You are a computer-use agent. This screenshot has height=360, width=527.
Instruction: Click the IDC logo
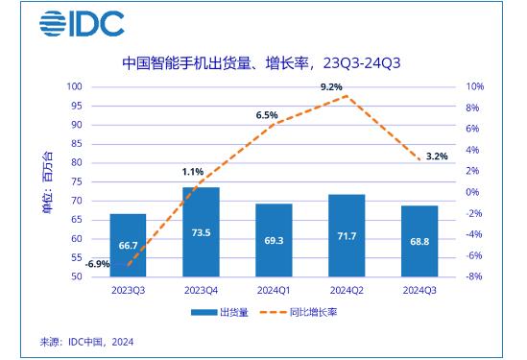pyautogui.click(x=82, y=24)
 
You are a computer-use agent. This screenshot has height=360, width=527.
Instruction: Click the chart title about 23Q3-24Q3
pyautogui.click(x=261, y=63)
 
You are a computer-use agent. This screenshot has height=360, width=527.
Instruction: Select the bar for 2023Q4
pyautogui.click(x=201, y=232)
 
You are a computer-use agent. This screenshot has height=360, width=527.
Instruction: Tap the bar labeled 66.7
pyautogui.click(x=128, y=245)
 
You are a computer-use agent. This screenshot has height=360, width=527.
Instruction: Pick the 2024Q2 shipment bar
pyautogui.click(x=347, y=235)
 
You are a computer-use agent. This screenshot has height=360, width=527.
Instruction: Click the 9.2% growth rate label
pyautogui.click(x=331, y=87)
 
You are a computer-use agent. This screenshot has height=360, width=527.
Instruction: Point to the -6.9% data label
pyautogui.click(x=98, y=264)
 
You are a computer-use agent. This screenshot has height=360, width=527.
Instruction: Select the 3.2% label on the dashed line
pyautogui.click(x=437, y=156)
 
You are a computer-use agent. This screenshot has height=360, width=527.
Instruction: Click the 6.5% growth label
pyautogui.click(x=267, y=115)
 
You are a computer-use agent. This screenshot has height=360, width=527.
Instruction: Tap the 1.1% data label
pyautogui.click(x=193, y=172)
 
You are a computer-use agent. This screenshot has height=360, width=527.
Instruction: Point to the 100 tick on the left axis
pyautogui.click(x=74, y=86)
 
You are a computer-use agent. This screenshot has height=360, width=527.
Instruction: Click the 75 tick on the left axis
pyautogui.click(x=77, y=181)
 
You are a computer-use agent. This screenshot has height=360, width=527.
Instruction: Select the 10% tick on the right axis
pyautogui.click(x=474, y=86)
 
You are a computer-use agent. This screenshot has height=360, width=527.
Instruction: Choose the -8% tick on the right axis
pyautogui.click(x=474, y=276)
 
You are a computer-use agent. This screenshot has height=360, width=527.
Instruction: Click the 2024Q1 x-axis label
pyautogui.click(x=274, y=291)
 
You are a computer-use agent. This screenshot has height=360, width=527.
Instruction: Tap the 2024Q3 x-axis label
pyautogui.click(x=419, y=291)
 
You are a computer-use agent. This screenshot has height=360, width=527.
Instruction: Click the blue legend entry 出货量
pyautogui.click(x=220, y=312)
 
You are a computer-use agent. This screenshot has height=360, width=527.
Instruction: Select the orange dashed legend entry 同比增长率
pyautogui.click(x=299, y=312)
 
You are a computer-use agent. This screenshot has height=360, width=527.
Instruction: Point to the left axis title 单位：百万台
pyautogui.click(x=47, y=182)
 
